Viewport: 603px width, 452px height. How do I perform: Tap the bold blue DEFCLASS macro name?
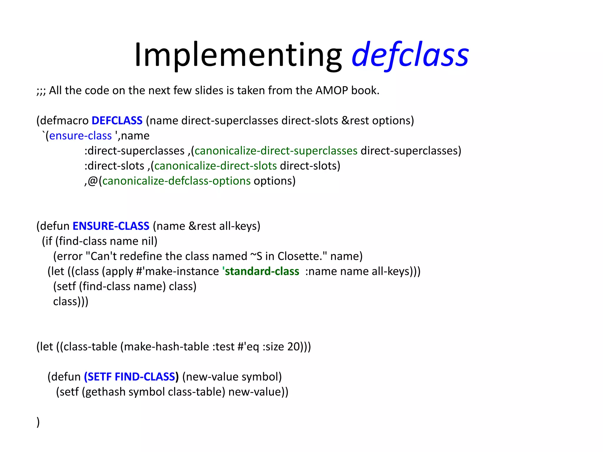point(117,121)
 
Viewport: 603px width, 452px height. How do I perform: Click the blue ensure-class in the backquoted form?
point(80,136)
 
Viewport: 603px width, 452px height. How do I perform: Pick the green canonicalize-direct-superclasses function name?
point(276,151)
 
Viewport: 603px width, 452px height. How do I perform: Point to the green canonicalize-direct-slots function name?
point(215,166)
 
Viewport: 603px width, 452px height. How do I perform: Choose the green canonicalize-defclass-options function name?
point(176,181)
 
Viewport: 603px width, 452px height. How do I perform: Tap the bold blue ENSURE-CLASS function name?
point(111,226)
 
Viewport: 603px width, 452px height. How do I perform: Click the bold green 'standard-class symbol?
point(261,271)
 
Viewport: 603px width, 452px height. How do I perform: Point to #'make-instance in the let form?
point(177,271)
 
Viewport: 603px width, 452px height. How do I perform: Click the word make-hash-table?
point(167,347)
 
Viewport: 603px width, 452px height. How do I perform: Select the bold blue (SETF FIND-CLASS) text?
point(131,377)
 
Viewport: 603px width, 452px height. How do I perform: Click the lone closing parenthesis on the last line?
point(38,422)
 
